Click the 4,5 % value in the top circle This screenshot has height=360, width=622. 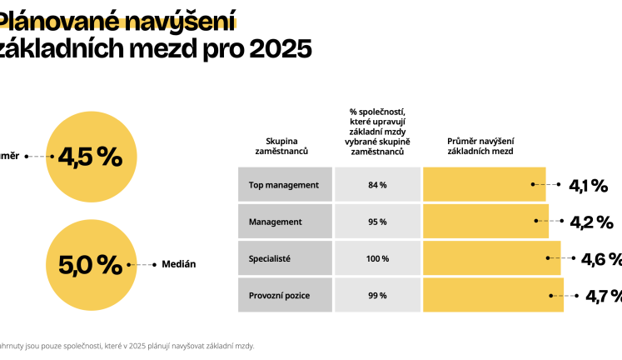pos(89,157)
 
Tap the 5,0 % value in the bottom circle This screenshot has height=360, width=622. pos(89,265)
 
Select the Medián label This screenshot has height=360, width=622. pos(178,264)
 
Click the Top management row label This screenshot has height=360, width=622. pos(284,184)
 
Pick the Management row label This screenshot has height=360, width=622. pos(275,222)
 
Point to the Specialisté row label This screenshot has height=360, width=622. pos(270,259)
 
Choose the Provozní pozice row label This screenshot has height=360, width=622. pos(279,296)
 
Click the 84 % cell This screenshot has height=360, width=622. pos(377,184)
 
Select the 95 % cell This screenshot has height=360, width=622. pos(377,222)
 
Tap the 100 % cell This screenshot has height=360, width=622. pos(377,259)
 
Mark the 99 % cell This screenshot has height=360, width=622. pos(377,296)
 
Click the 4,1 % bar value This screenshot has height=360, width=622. pos(588,186)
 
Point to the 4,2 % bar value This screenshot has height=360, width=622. pos(591,222)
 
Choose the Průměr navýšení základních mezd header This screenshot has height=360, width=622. pos(480,147)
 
